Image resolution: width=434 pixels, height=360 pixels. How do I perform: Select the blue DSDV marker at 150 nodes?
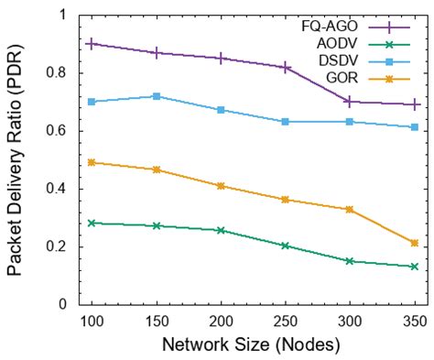[x=157, y=96]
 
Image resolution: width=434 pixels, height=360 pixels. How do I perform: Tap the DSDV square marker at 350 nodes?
[x=415, y=127]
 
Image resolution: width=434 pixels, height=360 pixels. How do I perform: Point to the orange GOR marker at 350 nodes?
[x=415, y=243]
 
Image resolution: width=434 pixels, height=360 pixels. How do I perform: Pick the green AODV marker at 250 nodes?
[x=286, y=245]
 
